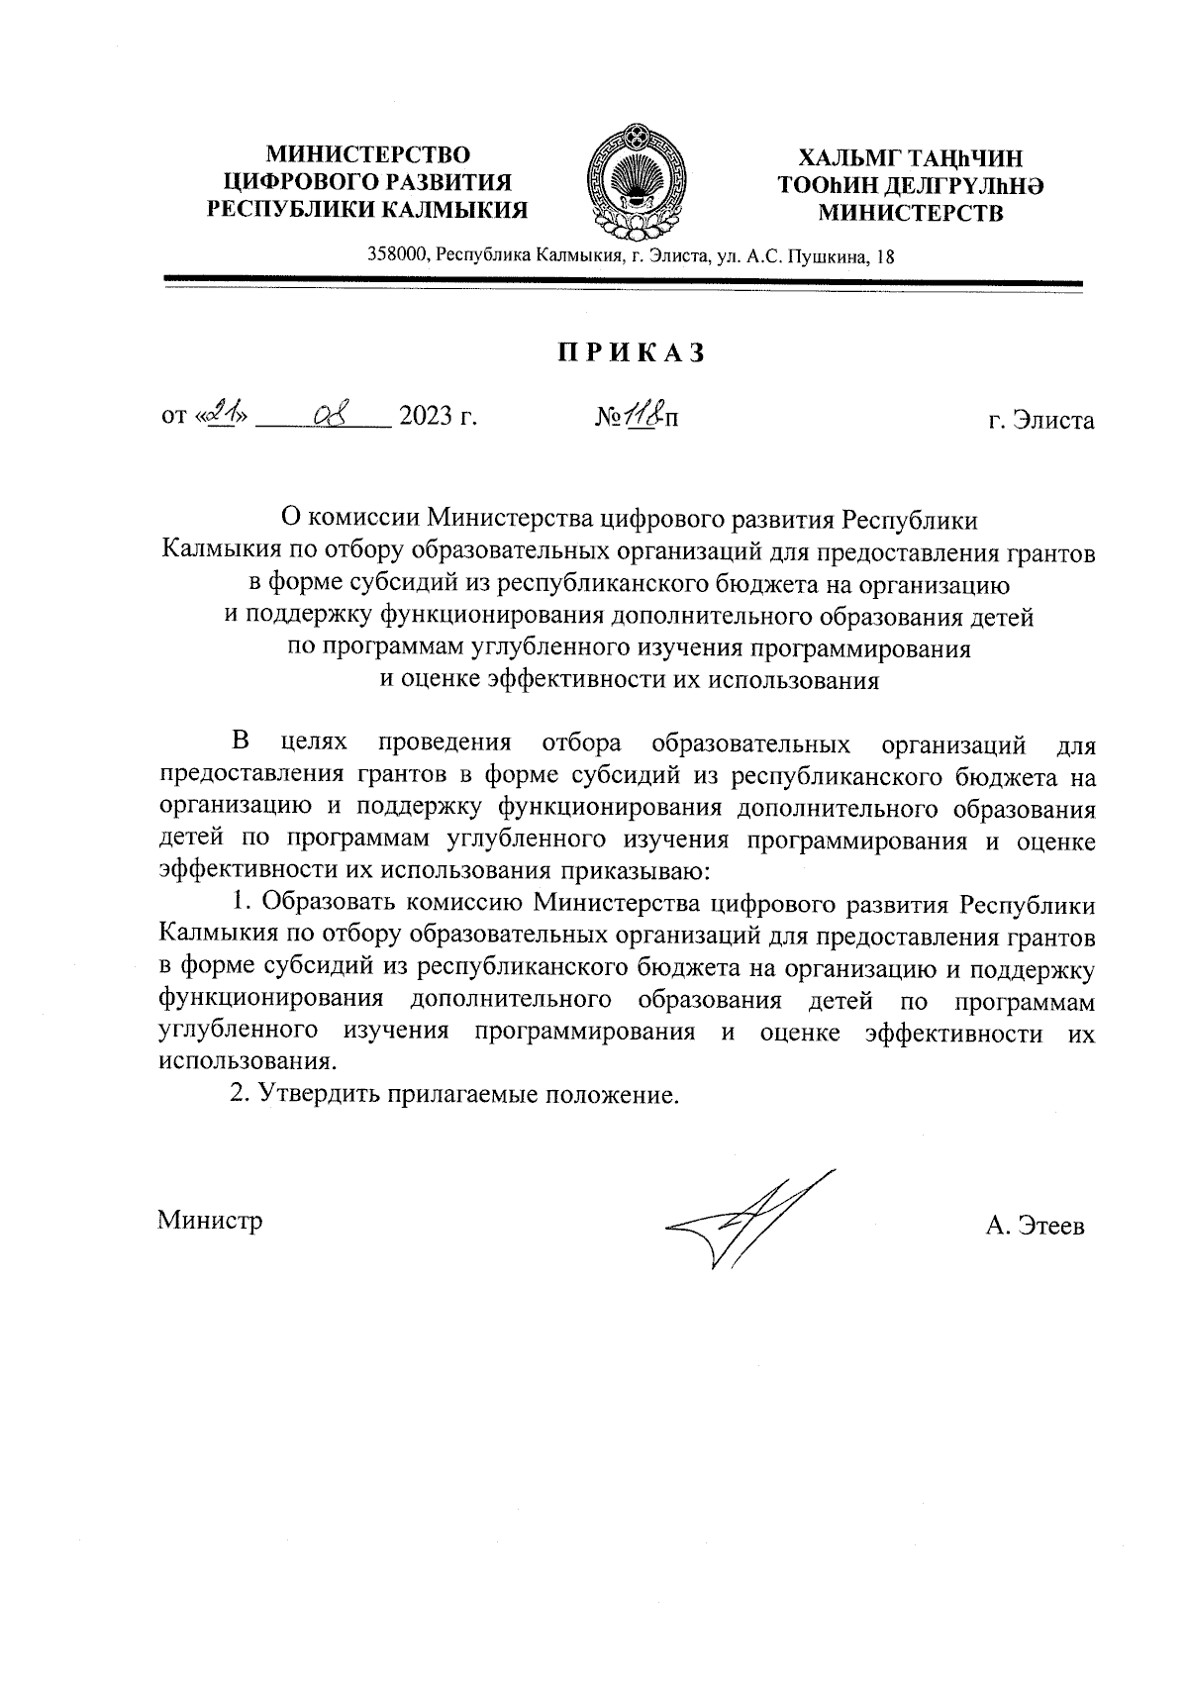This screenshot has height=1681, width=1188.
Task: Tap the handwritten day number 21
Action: (224, 415)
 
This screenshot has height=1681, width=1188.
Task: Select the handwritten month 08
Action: (327, 414)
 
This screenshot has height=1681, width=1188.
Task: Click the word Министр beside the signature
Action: (210, 1220)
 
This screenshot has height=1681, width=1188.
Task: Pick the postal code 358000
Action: (398, 256)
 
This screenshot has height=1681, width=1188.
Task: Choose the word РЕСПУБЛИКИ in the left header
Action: (289, 209)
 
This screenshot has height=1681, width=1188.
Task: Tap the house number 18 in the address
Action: (886, 256)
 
